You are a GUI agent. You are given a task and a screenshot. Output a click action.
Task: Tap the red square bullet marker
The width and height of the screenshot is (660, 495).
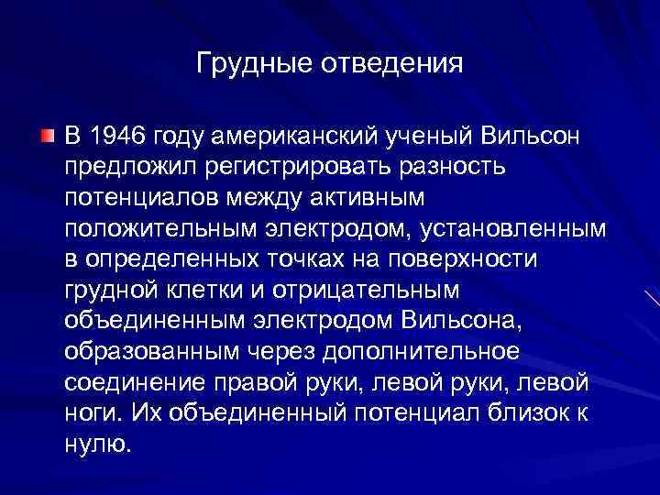tap(47, 137)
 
